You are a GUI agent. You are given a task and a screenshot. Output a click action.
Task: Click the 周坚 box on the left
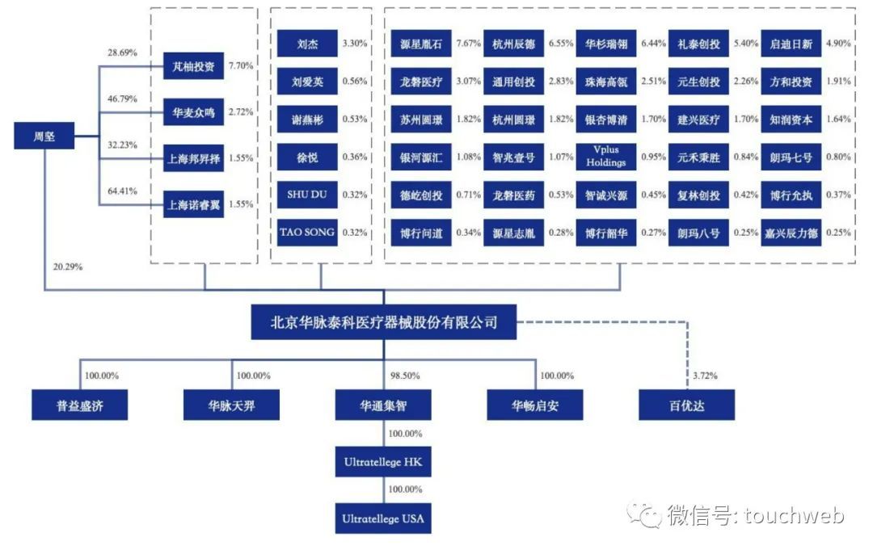pyautogui.click(x=44, y=136)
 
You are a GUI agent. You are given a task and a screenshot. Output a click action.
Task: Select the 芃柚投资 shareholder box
pyautogui.click(x=192, y=67)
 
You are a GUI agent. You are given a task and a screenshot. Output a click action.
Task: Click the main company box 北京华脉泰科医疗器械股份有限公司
pyautogui.click(x=383, y=324)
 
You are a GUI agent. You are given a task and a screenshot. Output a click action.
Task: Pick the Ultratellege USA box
pyautogui.click(x=383, y=518)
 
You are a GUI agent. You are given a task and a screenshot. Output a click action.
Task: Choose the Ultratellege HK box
pyautogui.click(x=383, y=463)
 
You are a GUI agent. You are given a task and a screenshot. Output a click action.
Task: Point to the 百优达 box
pyautogui.click(x=686, y=405)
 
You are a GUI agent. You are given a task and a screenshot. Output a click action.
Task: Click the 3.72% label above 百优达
pyautogui.click(x=706, y=376)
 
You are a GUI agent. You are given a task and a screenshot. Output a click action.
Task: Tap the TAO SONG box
pyautogui.click(x=307, y=233)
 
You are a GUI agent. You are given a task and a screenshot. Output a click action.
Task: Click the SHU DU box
pyautogui.click(x=307, y=195)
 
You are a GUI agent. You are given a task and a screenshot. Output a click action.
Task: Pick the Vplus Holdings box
pyautogui.click(x=606, y=157)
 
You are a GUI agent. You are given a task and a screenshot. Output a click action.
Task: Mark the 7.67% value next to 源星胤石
pyautogui.click(x=468, y=44)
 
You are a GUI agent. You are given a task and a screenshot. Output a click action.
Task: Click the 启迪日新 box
pyautogui.click(x=791, y=44)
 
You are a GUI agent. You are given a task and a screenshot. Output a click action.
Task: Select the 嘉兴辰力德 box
pyautogui.click(x=791, y=233)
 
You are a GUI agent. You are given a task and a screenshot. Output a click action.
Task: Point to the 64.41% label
pyautogui.click(x=122, y=191)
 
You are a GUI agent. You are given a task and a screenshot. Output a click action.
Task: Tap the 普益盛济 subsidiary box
pyautogui.click(x=80, y=405)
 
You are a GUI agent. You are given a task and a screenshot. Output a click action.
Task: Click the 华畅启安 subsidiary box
pyautogui.click(x=534, y=405)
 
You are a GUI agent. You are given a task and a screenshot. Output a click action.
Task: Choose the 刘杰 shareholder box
pyautogui.click(x=307, y=44)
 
